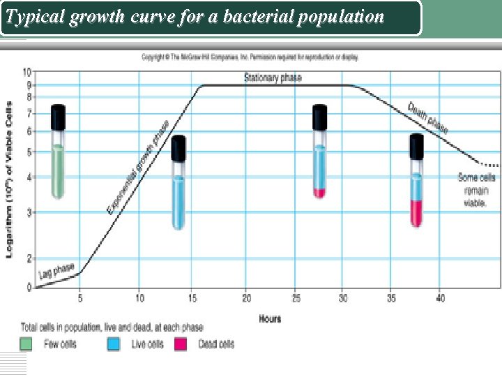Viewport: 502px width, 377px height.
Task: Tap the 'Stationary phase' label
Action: pyautogui.click(x=273, y=77)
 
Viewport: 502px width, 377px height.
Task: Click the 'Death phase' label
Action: pyautogui.click(x=427, y=118)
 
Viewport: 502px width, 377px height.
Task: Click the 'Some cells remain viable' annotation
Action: pyautogui.click(x=477, y=190)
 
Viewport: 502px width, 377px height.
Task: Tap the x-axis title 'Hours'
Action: pyautogui.click(x=270, y=318)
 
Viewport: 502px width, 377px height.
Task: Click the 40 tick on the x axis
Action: pyautogui.click(x=439, y=298)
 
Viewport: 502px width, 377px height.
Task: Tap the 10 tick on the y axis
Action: pyautogui.click(x=26, y=72)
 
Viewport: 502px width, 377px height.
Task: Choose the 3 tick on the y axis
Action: pyautogui.click(x=28, y=212)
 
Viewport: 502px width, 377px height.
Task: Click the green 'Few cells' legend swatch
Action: pyautogui.click(x=26, y=344)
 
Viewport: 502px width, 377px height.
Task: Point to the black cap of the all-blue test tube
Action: pyautogui.click(x=178, y=147)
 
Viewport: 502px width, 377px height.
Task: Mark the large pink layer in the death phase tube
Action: pyautogui.click(x=416, y=212)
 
